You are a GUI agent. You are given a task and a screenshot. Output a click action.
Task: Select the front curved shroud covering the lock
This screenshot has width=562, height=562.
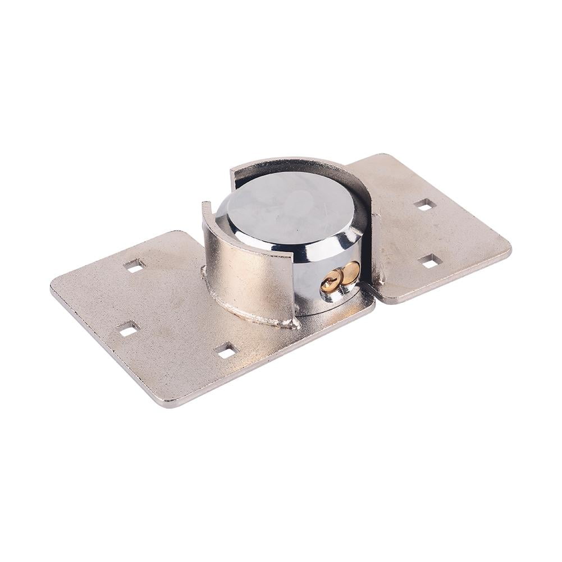(247, 269)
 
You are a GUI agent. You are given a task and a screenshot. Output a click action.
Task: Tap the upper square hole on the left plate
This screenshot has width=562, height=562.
(134, 265)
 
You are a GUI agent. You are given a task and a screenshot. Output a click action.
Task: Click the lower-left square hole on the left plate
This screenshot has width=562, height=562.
(128, 329)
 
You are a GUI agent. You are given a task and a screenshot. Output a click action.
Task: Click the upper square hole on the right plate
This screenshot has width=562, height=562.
(425, 205)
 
